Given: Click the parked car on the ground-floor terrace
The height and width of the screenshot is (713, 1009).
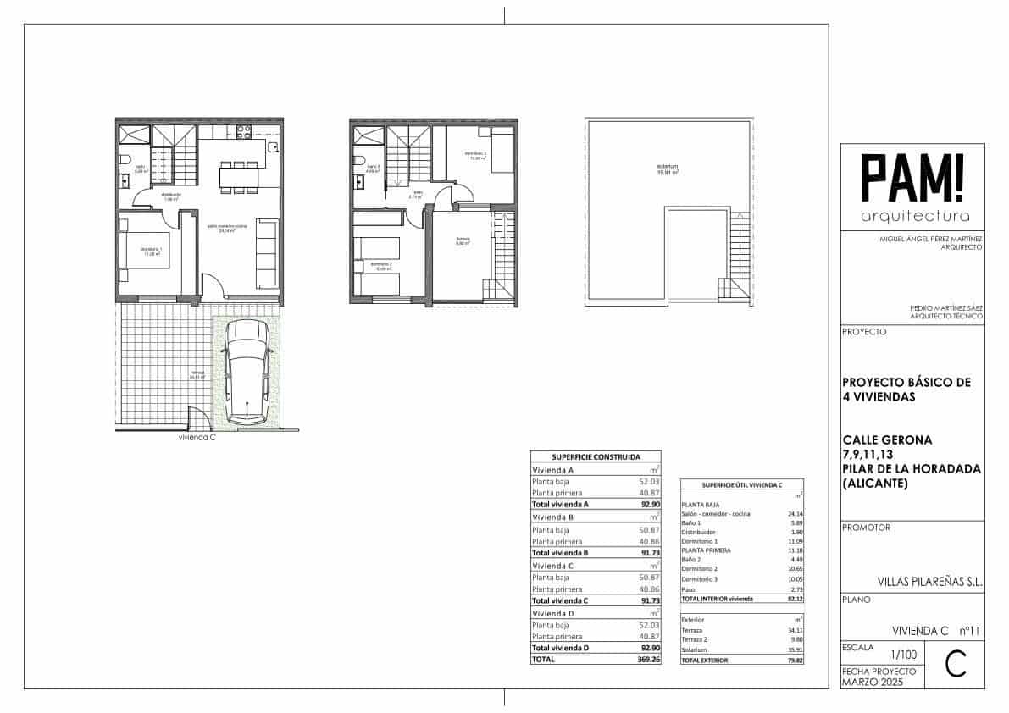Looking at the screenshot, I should [x=246, y=379].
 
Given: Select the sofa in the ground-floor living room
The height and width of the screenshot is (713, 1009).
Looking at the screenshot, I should [x=266, y=253].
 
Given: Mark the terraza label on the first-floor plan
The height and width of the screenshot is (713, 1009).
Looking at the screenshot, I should [x=463, y=239].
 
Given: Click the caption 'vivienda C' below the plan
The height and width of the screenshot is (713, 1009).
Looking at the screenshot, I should [x=197, y=439].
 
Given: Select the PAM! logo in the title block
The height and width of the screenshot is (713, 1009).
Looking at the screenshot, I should [x=912, y=179].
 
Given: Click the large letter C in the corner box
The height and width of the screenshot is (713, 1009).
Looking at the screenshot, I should [x=955, y=665].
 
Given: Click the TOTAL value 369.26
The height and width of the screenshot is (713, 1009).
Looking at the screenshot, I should [x=647, y=659].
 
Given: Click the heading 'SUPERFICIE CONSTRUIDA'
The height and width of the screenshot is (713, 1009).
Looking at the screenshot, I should [x=596, y=456].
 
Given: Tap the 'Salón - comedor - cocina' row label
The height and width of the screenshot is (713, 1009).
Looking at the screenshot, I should [x=715, y=514].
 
